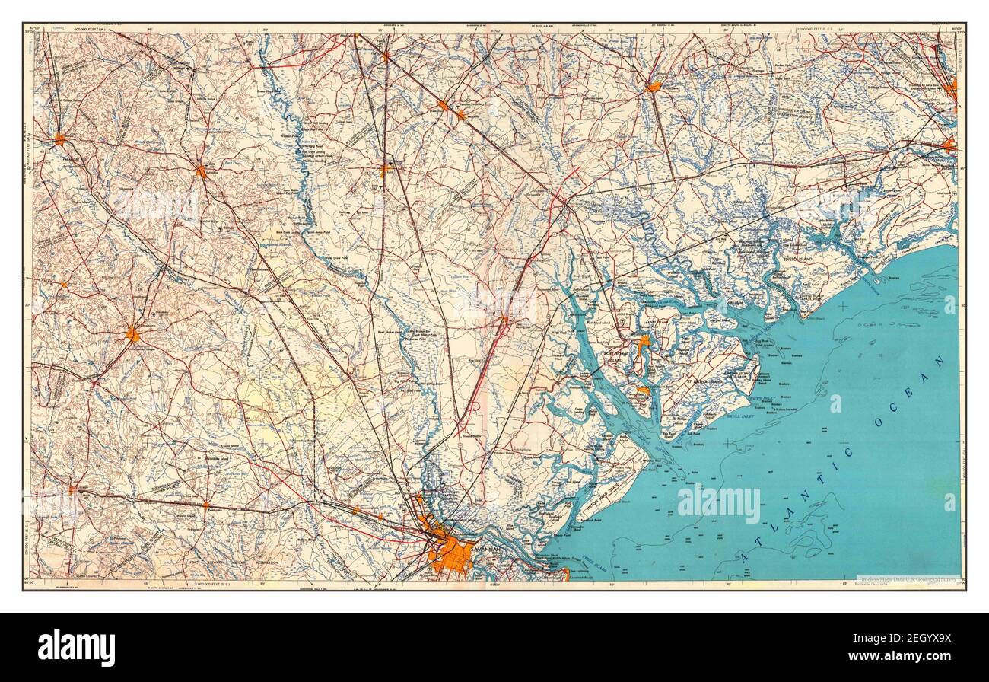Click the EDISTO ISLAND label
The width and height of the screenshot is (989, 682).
(797, 260)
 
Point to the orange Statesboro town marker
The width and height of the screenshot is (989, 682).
(133, 334)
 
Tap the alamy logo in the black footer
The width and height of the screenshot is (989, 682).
(77, 647)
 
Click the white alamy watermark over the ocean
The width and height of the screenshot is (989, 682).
(718, 504)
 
